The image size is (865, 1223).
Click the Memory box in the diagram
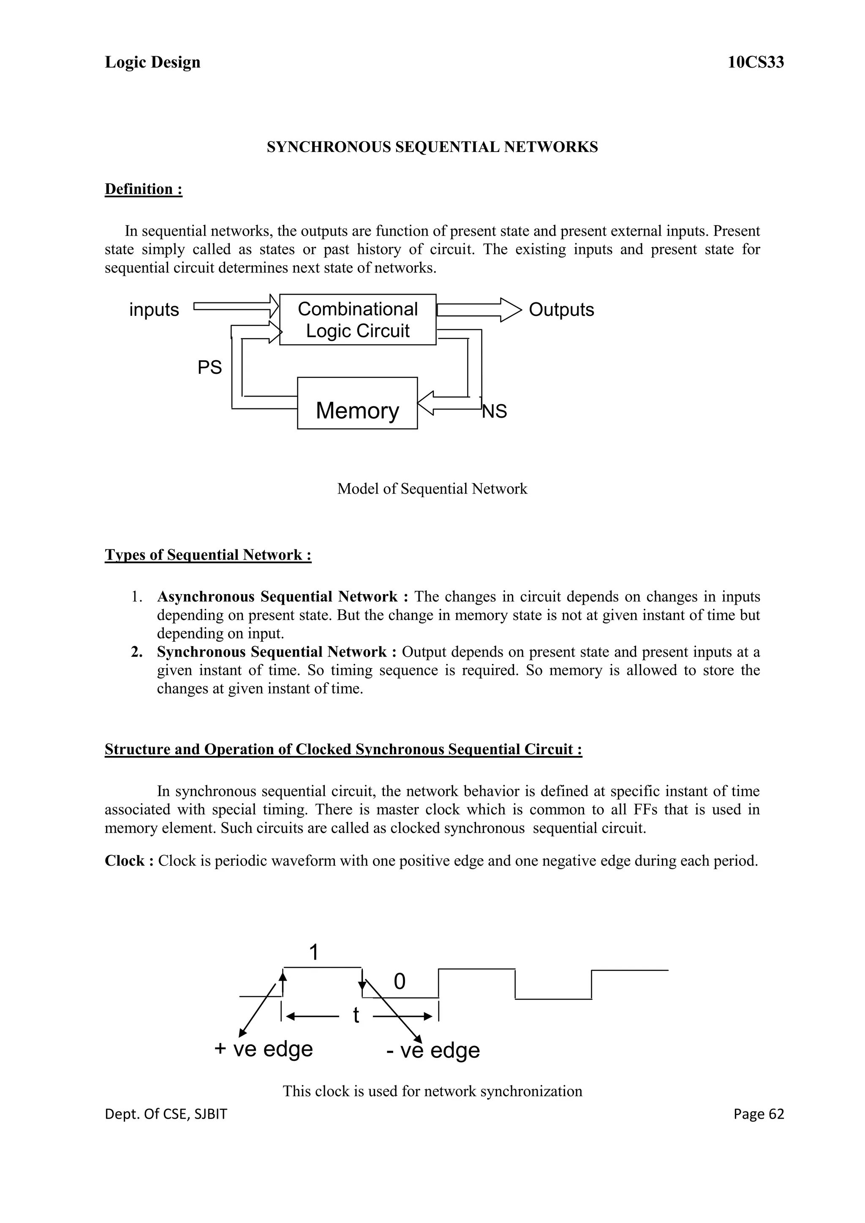point(357,403)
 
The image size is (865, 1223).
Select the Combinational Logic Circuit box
point(357,320)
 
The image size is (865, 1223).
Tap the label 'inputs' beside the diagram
point(154,310)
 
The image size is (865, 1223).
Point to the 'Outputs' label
point(561,310)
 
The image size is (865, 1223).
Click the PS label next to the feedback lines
point(209,367)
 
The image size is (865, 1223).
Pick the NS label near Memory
point(494,411)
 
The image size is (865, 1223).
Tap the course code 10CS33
point(755,63)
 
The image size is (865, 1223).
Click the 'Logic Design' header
point(152,63)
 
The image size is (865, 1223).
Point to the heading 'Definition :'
point(143,189)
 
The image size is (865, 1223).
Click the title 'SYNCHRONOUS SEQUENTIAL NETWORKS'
point(432,147)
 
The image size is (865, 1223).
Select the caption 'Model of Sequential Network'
point(432,489)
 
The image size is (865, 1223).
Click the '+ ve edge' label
point(263,1049)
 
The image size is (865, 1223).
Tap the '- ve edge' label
point(432,1050)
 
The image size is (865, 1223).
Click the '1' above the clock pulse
point(314,952)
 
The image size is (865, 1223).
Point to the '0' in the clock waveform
point(400,981)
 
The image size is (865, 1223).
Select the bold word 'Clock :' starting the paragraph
point(129,862)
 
